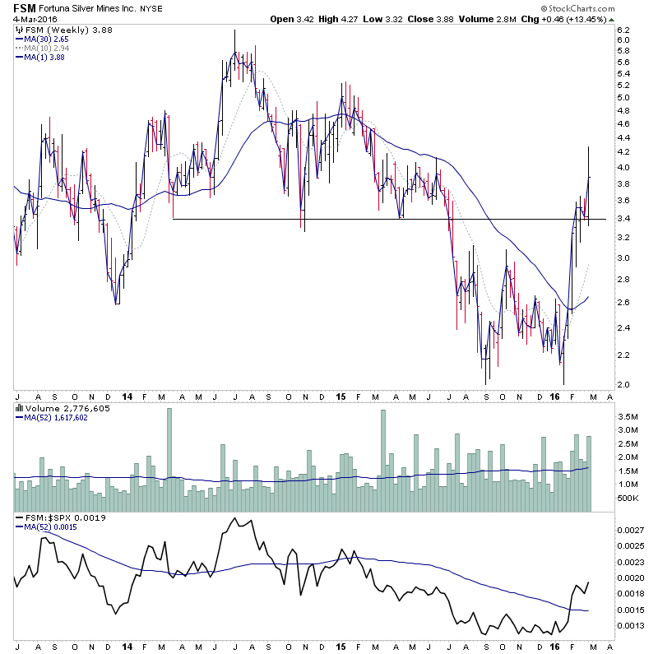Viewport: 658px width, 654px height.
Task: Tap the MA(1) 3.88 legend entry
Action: (42, 58)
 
